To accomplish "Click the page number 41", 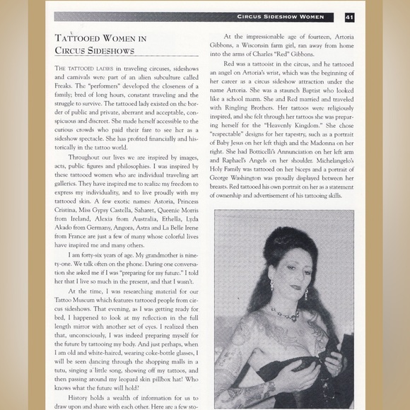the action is (349, 16).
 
